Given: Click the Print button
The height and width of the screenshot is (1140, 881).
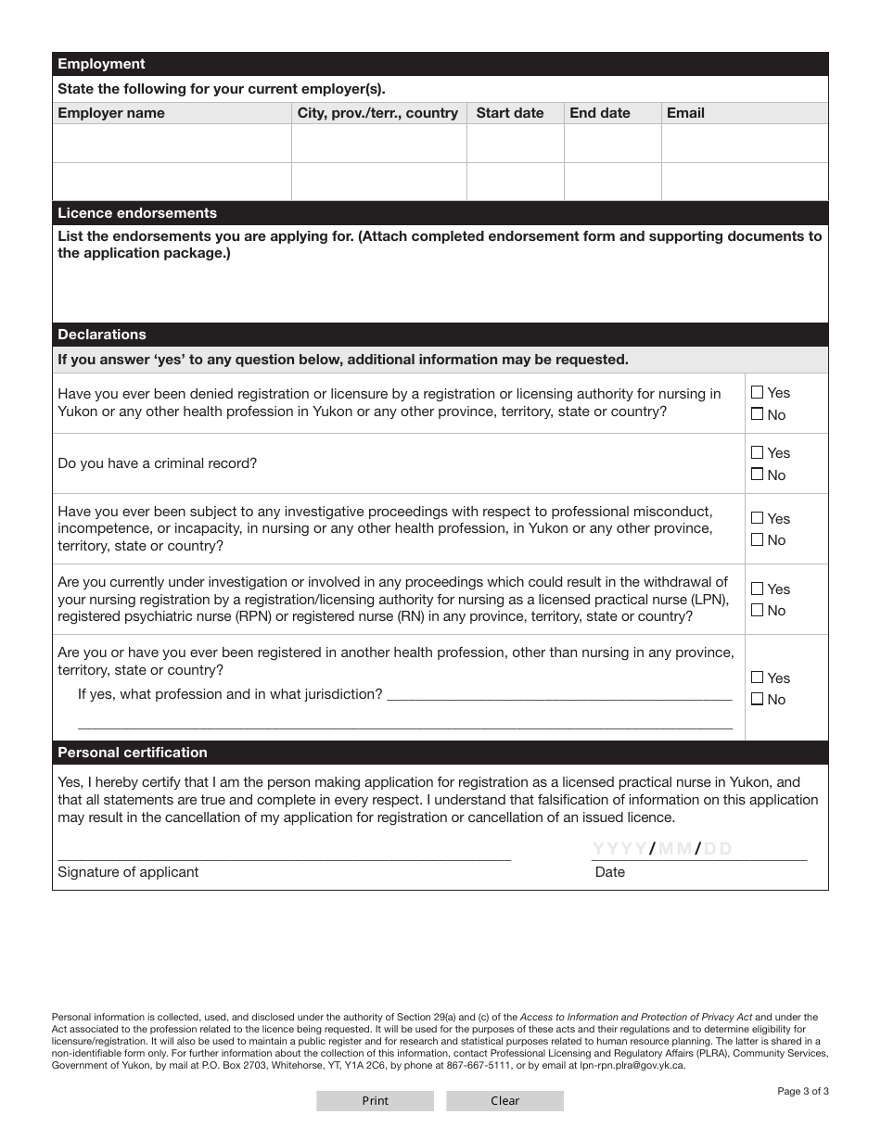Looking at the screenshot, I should point(375,1101).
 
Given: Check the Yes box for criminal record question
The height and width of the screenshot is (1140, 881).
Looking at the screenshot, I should point(758,453).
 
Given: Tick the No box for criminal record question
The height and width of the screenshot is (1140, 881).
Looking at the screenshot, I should point(758,475).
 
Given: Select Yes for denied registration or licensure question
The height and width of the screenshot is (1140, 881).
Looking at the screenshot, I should point(758,393).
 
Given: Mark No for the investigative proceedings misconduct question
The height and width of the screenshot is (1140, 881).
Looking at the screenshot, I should point(758,540).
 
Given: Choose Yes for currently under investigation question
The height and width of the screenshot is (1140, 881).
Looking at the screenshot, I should point(758,589).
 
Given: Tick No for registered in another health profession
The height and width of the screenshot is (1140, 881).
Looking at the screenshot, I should point(758,700).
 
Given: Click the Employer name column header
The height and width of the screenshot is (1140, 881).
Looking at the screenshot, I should point(111,113).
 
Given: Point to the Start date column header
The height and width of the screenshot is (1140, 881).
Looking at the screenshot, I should point(510,113).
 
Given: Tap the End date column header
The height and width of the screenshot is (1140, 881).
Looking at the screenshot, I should point(600,113).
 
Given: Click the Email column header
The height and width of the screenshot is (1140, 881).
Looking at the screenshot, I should point(685,113).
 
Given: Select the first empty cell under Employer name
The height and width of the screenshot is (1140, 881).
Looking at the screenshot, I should point(172,144).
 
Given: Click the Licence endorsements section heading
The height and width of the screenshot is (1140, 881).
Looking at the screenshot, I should point(137,213).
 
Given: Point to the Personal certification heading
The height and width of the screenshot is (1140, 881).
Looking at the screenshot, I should point(133,753).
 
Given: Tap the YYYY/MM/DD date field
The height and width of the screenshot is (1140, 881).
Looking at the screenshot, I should point(662,849).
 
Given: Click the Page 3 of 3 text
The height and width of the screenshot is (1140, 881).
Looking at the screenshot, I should point(802,1091).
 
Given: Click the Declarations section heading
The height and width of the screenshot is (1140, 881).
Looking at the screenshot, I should point(102,335).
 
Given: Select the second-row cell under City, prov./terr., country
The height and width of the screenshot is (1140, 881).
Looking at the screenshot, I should point(378,182).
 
